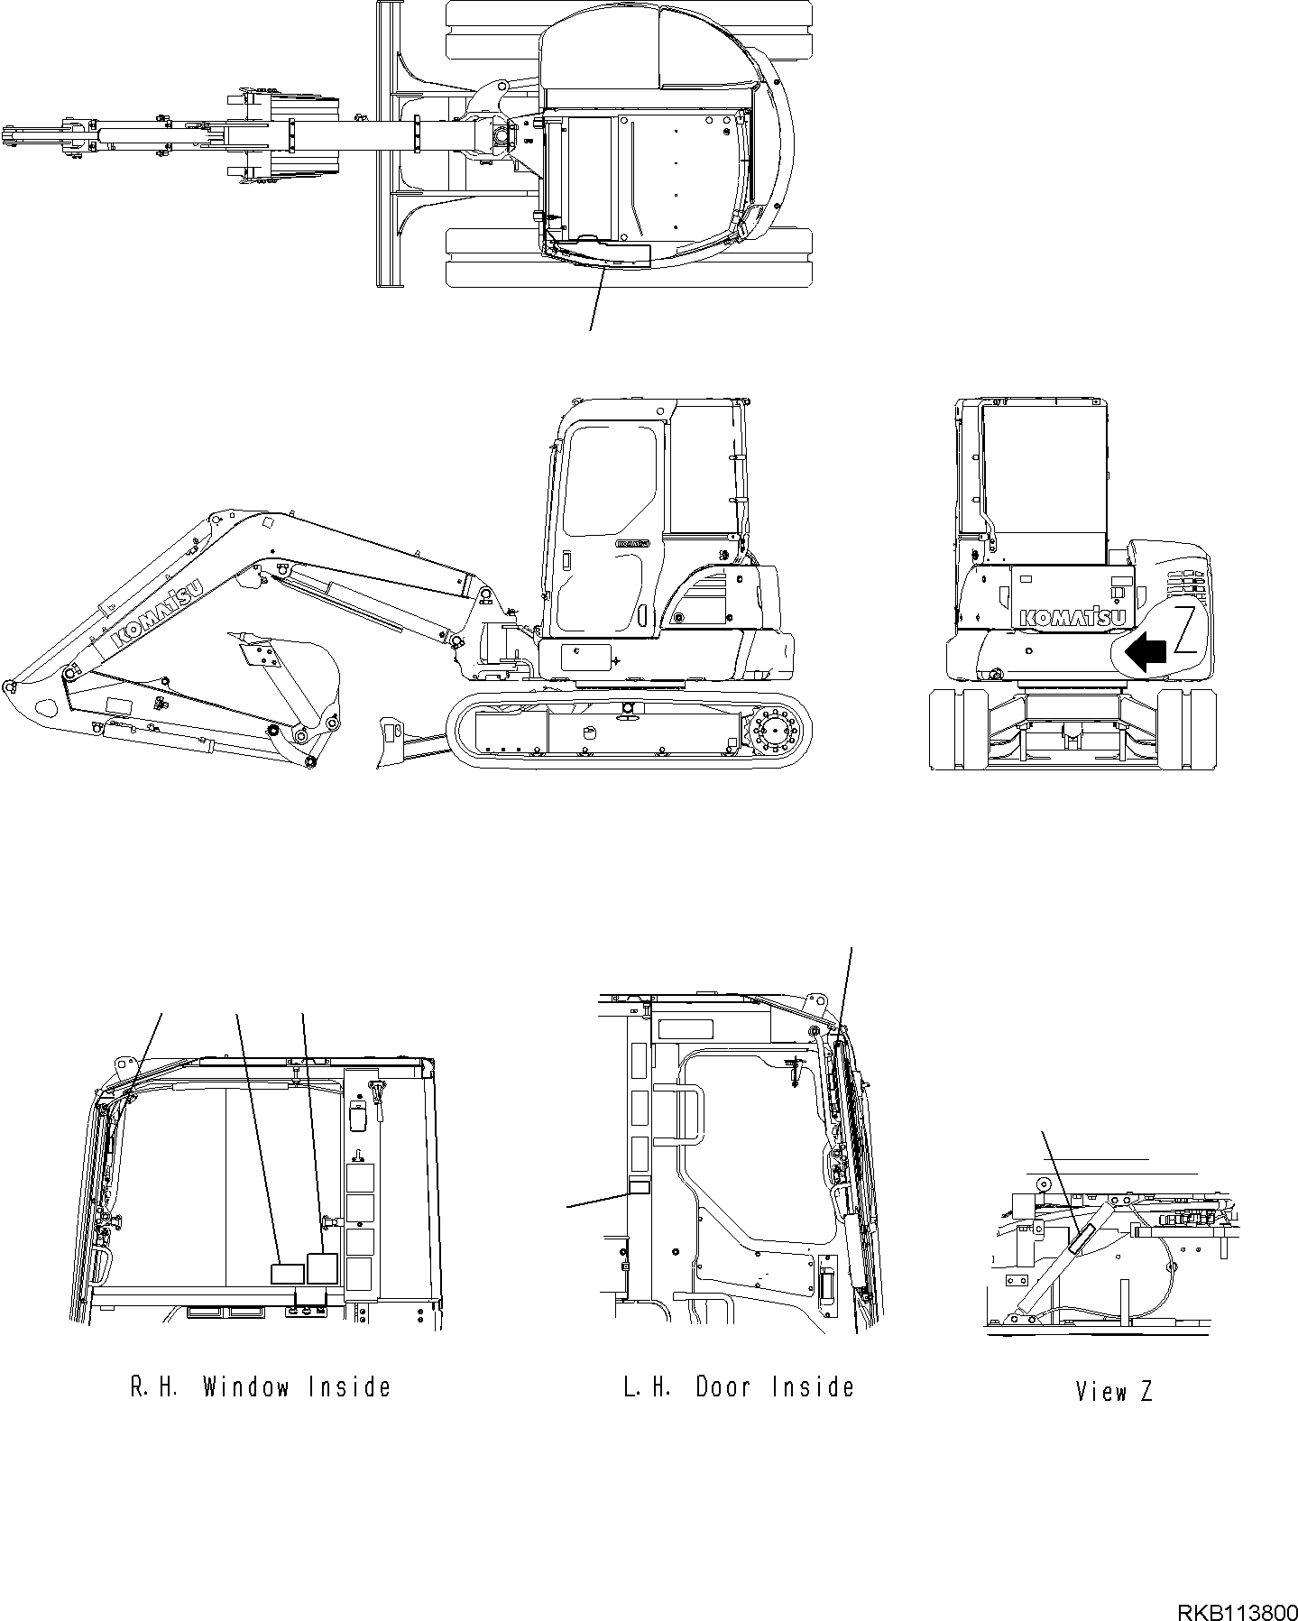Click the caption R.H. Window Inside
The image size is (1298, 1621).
pos(261,1386)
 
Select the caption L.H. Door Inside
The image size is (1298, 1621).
pos(738,1386)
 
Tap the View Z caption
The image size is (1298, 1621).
pos(1114,1391)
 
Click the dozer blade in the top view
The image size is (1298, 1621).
pos(389,144)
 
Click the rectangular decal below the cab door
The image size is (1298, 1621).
pos(585,657)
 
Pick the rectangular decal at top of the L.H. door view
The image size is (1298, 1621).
pos(686,1029)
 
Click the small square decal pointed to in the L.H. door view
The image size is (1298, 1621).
pos(639,1187)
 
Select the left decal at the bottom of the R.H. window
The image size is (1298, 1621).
pos(287,1274)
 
